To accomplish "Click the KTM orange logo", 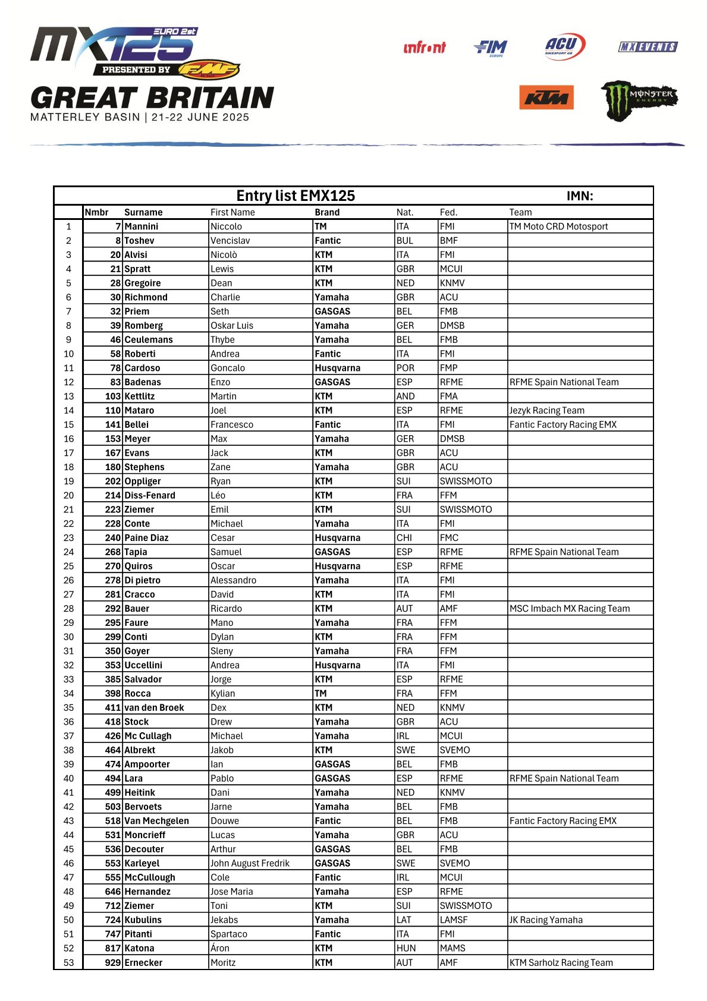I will click(546, 97).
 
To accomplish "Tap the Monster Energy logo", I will click(639, 100).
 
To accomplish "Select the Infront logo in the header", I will click(424, 48).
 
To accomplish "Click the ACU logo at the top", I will click(564, 46).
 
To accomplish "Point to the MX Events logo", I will click(648, 47).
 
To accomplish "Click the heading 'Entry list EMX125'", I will click(296, 196).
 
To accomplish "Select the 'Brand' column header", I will click(327, 212).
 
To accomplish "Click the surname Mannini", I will click(142, 226).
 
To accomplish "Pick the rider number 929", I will click(113, 962).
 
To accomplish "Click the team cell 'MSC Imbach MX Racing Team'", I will click(569, 609).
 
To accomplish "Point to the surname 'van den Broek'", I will click(154, 707).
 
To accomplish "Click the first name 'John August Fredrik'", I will click(250, 863).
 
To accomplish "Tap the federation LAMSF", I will click(454, 920).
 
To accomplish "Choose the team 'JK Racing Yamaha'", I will click(546, 920).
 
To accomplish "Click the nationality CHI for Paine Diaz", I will click(404, 538).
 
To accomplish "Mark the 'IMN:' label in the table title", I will click(579, 196).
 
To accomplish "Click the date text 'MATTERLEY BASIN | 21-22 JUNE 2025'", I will click(140, 117).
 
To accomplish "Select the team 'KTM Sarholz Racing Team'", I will click(561, 962).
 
